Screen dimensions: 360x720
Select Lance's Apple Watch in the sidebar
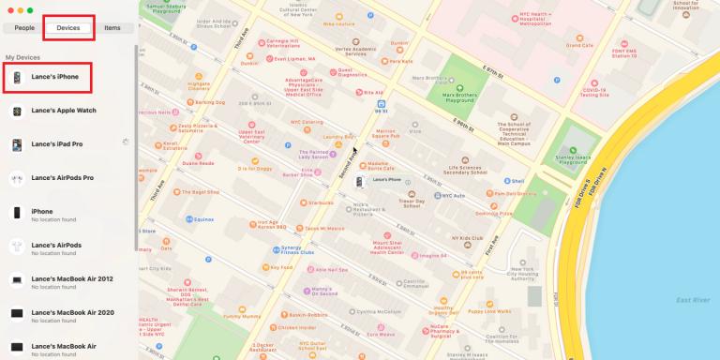click(x=64, y=111)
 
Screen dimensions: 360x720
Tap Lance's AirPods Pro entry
click(x=62, y=177)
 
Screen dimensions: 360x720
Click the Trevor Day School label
click(x=412, y=202)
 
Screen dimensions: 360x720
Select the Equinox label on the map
click(x=203, y=219)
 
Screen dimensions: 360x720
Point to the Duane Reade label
click(x=198, y=163)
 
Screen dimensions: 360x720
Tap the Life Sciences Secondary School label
click(x=466, y=170)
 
